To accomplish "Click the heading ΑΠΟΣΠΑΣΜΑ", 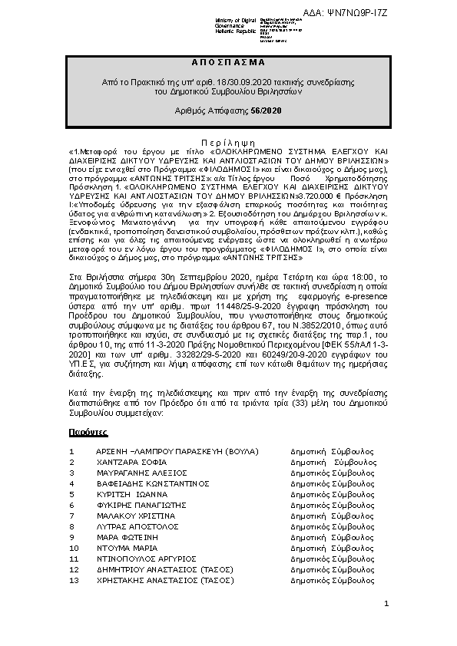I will pyautogui.click(x=228, y=61).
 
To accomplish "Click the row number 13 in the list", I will pyautogui.click(x=74, y=581).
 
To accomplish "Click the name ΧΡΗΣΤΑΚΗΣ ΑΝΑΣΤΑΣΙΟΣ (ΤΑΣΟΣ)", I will pyautogui.click(x=164, y=581).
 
